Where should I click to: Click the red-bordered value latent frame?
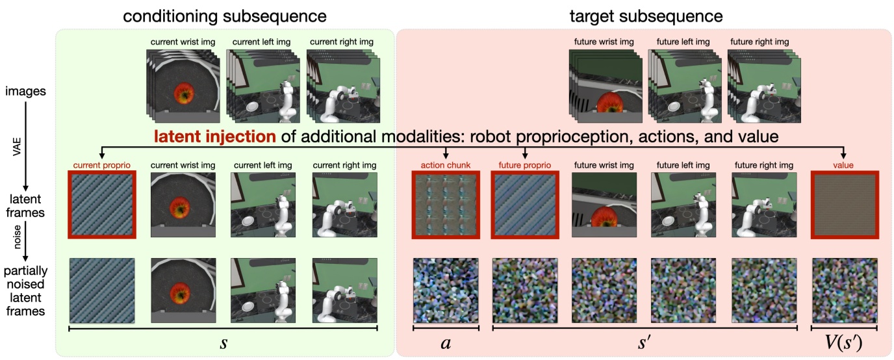pyautogui.click(x=845, y=204)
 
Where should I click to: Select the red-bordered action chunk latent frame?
pyautogui.click(x=446, y=204)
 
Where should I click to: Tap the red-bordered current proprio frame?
pyautogui.click(x=102, y=204)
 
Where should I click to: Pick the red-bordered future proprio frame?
pyautogui.click(x=525, y=204)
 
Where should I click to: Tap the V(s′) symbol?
pyautogui.click(x=844, y=343)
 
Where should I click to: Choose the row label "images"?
pyautogui.click(x=27, y=92)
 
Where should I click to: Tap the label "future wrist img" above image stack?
pyautogui.click(x=604, y=42)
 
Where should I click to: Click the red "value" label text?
pyautogui.click(x=844, y=165)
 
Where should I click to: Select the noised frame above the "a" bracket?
pyautogui.click(x=446, y=290)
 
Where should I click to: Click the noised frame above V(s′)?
pyautogui.click(x=845, y=290)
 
